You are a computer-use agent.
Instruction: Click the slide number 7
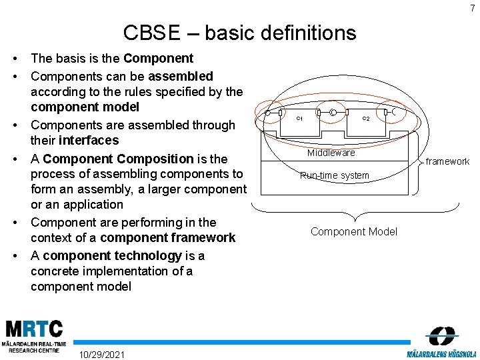tap(472, 8)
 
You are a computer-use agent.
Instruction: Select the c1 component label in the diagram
tap(299, 119)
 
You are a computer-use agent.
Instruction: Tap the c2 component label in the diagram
tap(366, 119)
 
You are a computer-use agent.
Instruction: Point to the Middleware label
tap(331, 153)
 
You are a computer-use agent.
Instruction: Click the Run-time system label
tap(334, 176)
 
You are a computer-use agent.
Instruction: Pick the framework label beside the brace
tap(447, 161)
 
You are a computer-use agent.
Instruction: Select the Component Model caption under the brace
tap(353, 231)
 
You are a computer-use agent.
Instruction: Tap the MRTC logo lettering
tap(34, 329)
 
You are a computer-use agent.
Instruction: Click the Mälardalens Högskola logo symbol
tap(441, 335)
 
